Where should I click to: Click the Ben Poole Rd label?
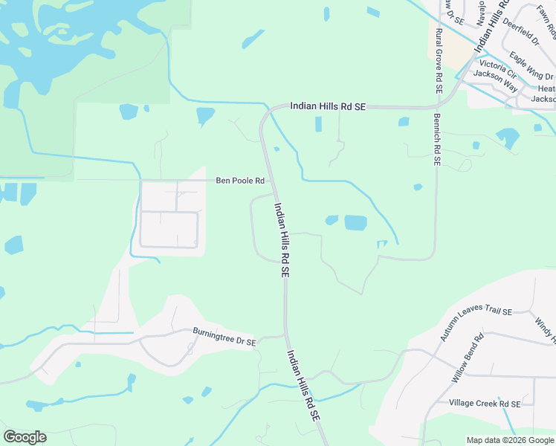[240, 181]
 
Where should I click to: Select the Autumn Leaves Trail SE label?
[476, 323]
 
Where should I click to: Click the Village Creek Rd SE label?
[484, 403]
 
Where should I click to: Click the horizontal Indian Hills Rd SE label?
[328, 107]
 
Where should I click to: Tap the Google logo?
[25, 436]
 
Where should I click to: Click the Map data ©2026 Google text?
[509, 440]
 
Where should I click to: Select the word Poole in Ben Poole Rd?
[242, 181]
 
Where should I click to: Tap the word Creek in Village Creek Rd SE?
[487, 403]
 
